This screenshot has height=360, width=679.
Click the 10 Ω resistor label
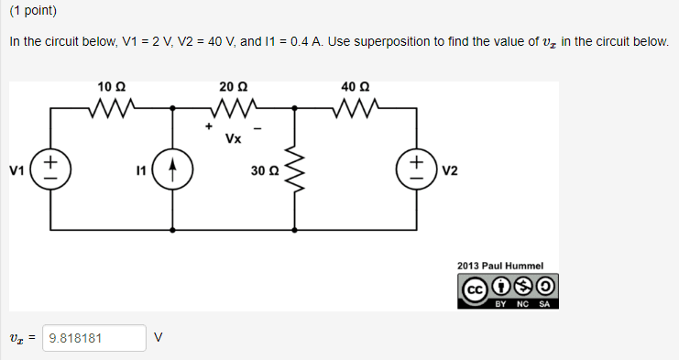pyautogui.click(x=111, y=87)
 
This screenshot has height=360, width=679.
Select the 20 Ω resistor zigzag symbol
pyautogui.click(x=234, y=108)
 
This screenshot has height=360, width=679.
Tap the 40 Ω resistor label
pyautogui.click(x=356, y=87)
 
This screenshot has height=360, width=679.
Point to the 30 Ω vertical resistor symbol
pyautogui.click(x=295, y=169)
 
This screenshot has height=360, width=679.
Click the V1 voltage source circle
pyautogui.click(x=50, y=169)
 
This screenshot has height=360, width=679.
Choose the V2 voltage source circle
pyautogui.click(x=417, y=169)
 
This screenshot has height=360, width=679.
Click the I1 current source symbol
pyautogui.click(x=173, y=169)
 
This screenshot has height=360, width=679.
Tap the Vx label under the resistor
pyautogui.click(x=234, y=138)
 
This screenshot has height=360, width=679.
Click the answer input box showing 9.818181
pyautogui.click(x=94, y=338)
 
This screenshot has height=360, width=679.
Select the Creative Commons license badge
pyautogui.click(x=508, y=290)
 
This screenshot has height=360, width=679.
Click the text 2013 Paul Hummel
pyautogui.click(x=500, y=266)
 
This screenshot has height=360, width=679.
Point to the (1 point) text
pyautogui.click(x=33, y=11)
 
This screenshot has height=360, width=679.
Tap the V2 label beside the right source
pyautogui.click(x=450, y=171)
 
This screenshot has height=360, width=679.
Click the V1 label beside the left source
pyautogui.click(x=16, y=171)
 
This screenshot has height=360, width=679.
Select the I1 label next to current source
pyautogui.click(x=141, y=171)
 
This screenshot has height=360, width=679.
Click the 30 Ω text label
pyautogui.click(x=265, y=171)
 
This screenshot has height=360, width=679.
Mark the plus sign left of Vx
pyautogui.click(x=209, y=126)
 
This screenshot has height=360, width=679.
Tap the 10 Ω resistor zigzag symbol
pyautogui.click(x=112, y=108)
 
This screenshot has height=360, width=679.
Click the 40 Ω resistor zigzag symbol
pyautogui.click(x=356, y=108)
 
